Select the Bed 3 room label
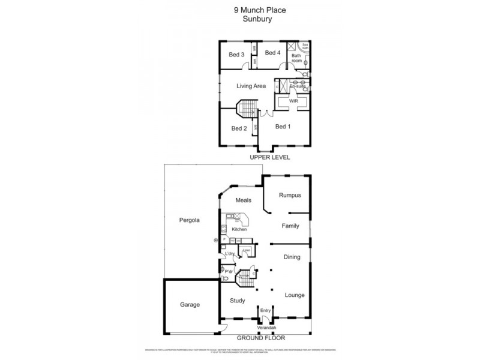pyautogui.click(x=236, y=55)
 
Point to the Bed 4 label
pyautogui.click(x=272, y=53)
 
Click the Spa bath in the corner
pyautogui.click(x=304, y=46)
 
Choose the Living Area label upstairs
pyautogui.click(x=251, y=86)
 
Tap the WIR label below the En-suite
pyautogui.click(x=293, y=101)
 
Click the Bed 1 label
pyautogui.click(x=283, y=127)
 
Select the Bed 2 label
pyautogui.click(x=239, y=128)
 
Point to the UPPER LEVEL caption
pyautogui.click(x=270, y=157)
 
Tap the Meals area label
pyautogui.click(x=243, y=200)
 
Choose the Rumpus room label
pyautogui.click(x=290, y=196)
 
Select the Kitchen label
pyautogui.click(x=239, y=229)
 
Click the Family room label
pyautogui.click(x=290, y=226)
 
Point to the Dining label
pyautogui.click(x=292, y=257)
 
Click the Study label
pyautogui.click(x=237, y=301)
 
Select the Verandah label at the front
pyautogui.click(x=266, y=329)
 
